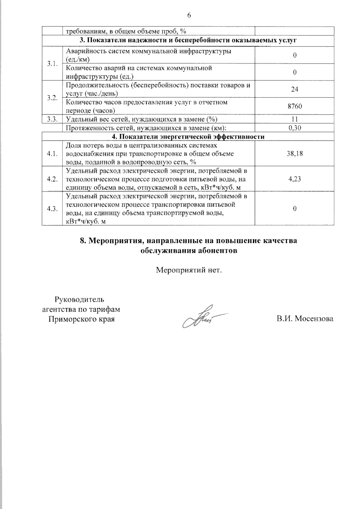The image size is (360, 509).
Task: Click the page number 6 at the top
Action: coord(189,16)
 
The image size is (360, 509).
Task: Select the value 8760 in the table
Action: coord(295,106)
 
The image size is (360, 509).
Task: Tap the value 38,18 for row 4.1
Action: coord(295,154)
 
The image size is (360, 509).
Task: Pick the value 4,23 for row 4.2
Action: coord(295,179)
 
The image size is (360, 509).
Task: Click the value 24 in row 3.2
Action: coord(295,89)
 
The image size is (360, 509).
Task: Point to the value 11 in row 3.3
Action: coord(295,119)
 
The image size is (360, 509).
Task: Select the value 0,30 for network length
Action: coord(295,128)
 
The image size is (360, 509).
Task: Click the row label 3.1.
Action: coord(52,64)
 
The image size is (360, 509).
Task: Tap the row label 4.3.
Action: coord(52,209)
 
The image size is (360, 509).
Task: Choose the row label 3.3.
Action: coord(52,119)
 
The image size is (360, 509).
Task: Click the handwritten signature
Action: coord(201,317)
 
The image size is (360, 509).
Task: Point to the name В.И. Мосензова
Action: coord(305,319)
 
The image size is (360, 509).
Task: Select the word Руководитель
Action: coord(79,299)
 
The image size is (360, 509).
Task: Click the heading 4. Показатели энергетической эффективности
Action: coord(188,137)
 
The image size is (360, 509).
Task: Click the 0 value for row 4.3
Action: coord(295,209)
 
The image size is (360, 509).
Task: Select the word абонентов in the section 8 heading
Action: coord(217,251)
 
